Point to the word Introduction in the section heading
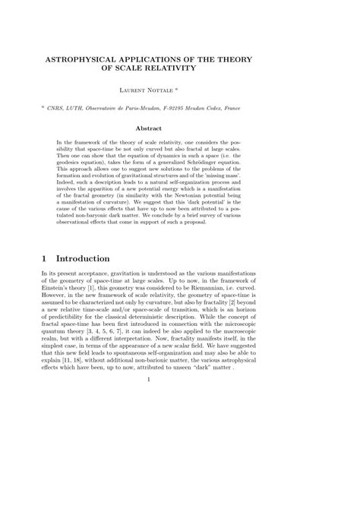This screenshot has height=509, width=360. pos(84,259)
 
